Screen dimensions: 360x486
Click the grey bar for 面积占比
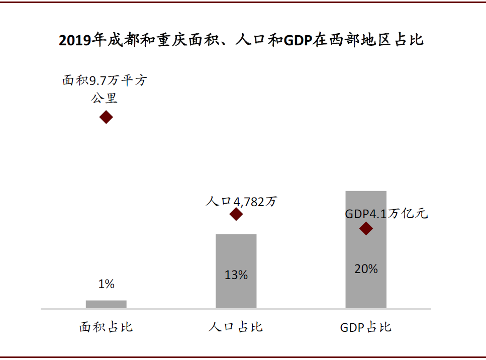106,304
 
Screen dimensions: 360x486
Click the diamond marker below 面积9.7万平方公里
106,117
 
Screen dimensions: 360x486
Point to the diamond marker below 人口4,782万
236,214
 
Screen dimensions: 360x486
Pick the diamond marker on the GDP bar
366,229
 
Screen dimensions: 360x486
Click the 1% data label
106,284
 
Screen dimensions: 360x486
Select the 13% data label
236,275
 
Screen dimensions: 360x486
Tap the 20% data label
366,269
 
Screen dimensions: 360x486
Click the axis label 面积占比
106,327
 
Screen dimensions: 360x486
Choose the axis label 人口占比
236,327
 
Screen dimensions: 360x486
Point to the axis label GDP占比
366,328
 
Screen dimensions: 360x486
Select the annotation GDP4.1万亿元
386,214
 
